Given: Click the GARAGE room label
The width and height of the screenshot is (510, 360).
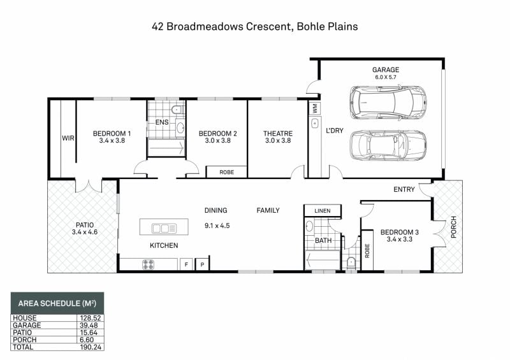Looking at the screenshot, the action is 386,69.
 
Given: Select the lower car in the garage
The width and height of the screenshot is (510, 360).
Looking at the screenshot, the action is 388,146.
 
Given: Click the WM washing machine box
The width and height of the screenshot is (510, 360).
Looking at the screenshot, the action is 315,108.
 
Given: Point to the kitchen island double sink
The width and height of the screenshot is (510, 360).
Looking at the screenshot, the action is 164,229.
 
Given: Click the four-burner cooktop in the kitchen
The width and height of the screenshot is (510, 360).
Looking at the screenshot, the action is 148,264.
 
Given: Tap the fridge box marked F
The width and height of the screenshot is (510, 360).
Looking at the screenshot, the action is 186,264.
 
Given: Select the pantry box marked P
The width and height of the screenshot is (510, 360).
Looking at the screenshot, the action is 202,264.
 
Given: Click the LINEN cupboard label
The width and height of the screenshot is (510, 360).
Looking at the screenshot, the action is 323,211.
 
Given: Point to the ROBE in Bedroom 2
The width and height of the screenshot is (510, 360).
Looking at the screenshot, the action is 226,172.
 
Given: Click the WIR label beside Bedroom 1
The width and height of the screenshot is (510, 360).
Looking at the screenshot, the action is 68,138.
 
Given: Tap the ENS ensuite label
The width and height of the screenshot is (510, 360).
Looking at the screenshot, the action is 162,122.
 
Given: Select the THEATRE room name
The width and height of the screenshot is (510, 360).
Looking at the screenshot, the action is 278,133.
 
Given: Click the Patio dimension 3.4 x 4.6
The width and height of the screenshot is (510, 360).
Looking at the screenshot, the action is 85,232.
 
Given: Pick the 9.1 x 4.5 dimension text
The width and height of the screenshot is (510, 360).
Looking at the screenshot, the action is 217,226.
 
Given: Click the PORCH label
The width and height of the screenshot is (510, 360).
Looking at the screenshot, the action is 453,227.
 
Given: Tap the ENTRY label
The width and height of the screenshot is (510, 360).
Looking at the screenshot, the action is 404,189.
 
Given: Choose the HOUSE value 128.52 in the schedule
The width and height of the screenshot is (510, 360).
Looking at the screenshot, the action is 91,318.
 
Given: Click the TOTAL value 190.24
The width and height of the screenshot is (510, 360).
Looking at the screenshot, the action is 91,347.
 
